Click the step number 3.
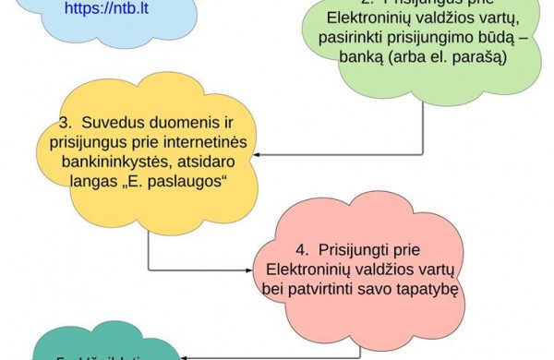(x=65, y=122)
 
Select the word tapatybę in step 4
(x=427, y=289)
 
